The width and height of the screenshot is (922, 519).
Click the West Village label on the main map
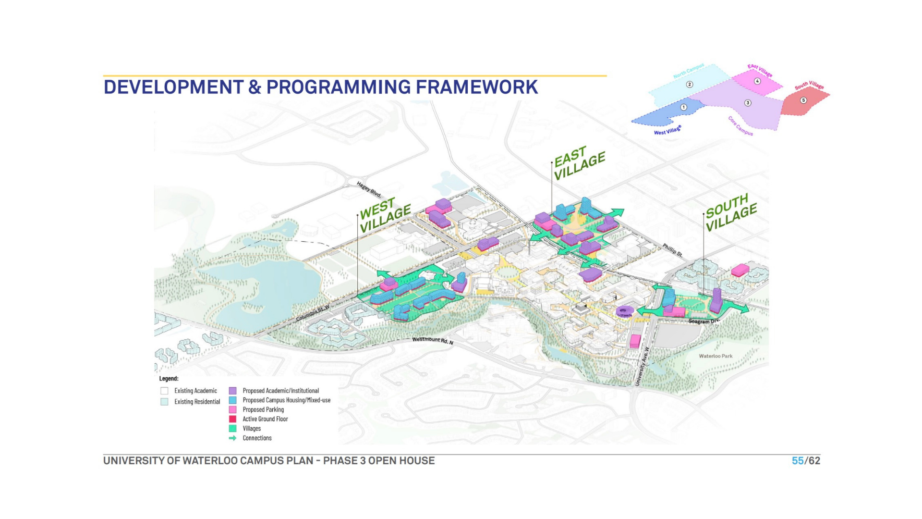[385, 215]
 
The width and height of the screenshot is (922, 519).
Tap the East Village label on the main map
[579, 163]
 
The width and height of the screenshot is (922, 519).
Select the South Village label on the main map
[731, 212]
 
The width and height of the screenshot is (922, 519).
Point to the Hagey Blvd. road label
[369, 189]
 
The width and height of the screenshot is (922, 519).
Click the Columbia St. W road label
[313, 313]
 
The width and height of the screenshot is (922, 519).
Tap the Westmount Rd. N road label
[433, 340]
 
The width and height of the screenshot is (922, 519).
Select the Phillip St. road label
[672, 250]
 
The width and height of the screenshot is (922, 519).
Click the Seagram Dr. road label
[704, 321]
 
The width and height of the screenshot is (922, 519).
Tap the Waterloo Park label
[716, 356]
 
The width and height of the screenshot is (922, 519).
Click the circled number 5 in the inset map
[803, 100]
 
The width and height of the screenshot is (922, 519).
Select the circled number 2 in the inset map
[690, 85]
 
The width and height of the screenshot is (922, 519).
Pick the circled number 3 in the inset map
[748, 103]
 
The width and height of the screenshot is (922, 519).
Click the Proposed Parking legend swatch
[232, 410]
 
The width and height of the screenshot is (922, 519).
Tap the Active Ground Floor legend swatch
[232, 419]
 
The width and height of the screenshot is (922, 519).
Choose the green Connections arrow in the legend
[232, 438]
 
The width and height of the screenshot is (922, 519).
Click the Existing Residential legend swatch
[164, 402]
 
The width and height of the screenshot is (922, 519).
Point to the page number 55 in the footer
[798, 461]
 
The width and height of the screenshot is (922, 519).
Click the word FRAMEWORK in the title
[476, 87]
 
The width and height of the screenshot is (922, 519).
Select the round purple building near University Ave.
[625, 311]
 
